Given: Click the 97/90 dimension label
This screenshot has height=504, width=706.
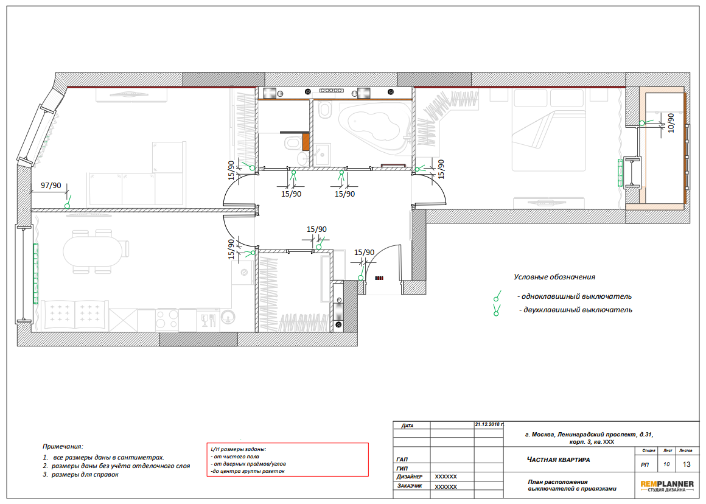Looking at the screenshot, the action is (51, 186).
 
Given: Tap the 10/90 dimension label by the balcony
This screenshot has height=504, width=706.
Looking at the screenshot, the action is (671, 122).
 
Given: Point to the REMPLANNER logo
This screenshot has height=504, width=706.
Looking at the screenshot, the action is (667, 486).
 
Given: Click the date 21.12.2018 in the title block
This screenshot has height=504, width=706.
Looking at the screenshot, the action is (489, 424).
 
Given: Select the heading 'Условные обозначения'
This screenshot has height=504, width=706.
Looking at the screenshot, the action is (554, 277).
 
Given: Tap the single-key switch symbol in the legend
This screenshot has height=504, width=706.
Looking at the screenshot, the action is (497, 296).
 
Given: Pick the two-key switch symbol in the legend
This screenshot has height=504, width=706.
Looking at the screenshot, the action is (497, 310).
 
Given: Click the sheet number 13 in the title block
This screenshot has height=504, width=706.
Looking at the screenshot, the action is (686, 464).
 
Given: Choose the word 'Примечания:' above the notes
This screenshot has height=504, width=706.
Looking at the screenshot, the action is (63, 446).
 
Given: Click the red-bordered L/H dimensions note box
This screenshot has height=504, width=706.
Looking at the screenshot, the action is (287, 460).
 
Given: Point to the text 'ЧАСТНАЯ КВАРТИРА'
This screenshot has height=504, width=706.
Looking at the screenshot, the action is (558, 460).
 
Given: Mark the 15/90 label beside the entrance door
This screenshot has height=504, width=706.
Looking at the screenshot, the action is (364, 252).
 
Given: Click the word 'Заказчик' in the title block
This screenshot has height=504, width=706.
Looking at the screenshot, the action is (410, 486).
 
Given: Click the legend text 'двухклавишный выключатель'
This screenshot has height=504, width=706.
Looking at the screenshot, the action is (578, 310).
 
